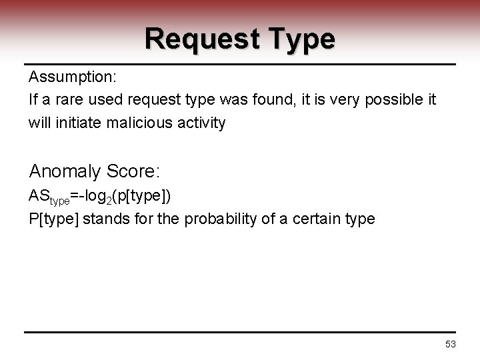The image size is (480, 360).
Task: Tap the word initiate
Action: (79, 123)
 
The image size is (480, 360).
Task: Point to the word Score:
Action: (135, 171)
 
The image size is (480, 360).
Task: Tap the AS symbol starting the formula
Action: (39, 197)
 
